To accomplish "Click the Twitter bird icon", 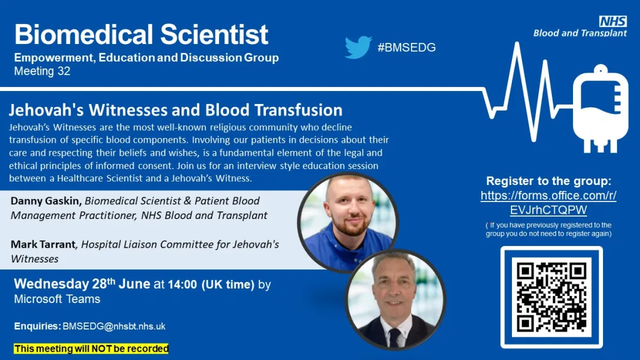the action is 358,48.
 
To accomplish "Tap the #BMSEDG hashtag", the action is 406,48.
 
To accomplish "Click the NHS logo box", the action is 612,21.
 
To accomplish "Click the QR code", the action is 551,297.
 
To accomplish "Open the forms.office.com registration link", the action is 548,203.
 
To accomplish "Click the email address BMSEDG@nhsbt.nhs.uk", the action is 114,327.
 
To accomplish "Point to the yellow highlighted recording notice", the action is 91,349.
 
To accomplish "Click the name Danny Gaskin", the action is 46,201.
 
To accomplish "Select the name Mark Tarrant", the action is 43,244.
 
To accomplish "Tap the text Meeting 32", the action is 42,71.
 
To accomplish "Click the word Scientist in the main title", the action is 214,34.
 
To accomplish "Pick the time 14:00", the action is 182,284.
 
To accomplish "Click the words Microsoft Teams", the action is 57,299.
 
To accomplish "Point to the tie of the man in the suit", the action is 395,337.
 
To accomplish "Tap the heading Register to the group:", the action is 548,181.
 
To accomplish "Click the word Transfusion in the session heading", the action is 298,110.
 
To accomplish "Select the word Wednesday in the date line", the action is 52,284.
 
